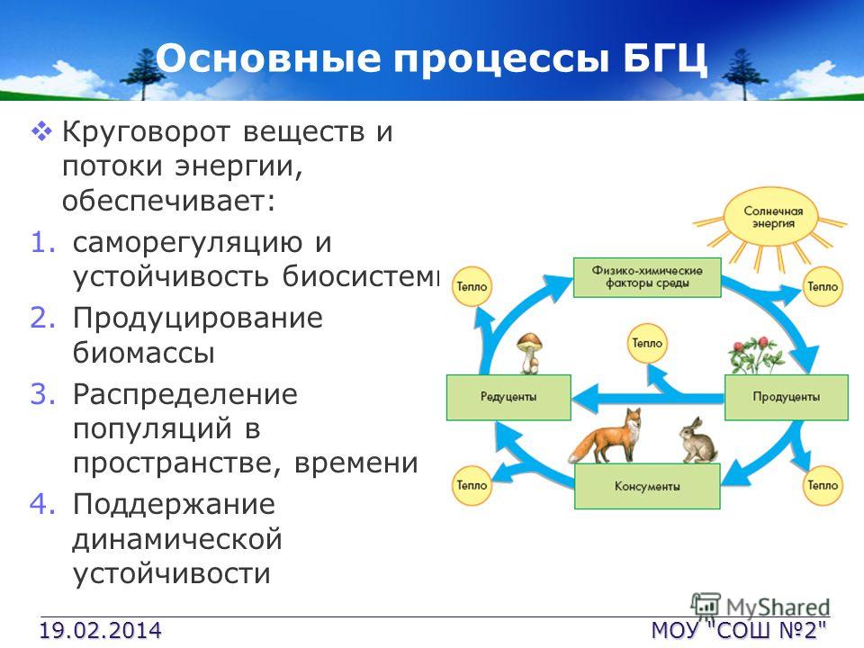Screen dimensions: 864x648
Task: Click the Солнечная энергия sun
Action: tap(771, 218)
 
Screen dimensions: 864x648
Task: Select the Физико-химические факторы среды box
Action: tap(647, 277)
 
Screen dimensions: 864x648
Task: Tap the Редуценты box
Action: tap(508, 397)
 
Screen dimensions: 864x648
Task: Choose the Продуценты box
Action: tap(786, 397)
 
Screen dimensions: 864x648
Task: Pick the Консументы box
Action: tap(647, 486)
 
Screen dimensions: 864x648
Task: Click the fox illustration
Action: tap(606, 436)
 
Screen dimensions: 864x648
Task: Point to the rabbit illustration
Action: tap(697, 441)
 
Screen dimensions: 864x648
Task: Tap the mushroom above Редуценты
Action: tap(529, 353)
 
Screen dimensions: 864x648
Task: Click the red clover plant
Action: tap(756, 355)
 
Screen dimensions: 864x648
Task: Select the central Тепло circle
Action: tap(647, 343)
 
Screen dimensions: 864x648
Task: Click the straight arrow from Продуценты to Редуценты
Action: tap(647, 398)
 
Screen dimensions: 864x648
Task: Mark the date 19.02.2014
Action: tap(100, 630)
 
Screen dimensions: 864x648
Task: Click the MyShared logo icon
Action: tap(706, 605)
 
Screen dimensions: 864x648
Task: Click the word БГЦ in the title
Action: tap(665, 58)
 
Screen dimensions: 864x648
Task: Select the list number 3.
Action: tap(43, 394)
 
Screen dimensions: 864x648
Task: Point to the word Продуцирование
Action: tap(198, 319)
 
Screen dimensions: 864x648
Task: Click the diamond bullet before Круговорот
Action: tap(41, 132)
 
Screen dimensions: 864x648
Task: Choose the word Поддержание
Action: tap(174, 505)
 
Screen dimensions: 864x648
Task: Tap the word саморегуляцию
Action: tap(187, 243)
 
